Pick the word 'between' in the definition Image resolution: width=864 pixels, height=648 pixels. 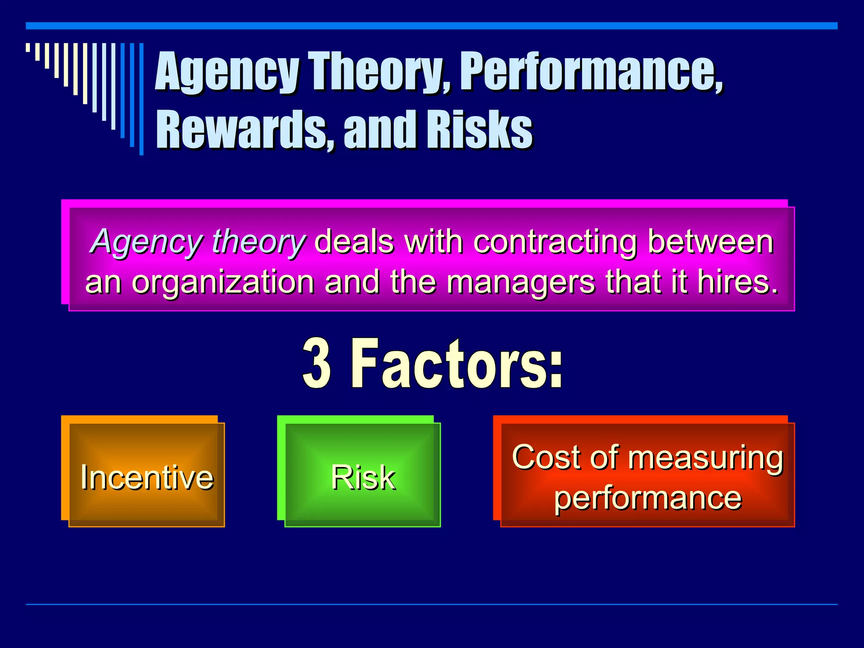point(710,242)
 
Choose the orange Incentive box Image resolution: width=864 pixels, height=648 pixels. point(146,475)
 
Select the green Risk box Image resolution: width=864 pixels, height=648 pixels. point(363,475)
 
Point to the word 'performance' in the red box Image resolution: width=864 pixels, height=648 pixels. point(648,498)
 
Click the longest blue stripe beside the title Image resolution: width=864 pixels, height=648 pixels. point(141,99)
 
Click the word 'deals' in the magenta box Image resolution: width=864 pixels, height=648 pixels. point(354,242)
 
